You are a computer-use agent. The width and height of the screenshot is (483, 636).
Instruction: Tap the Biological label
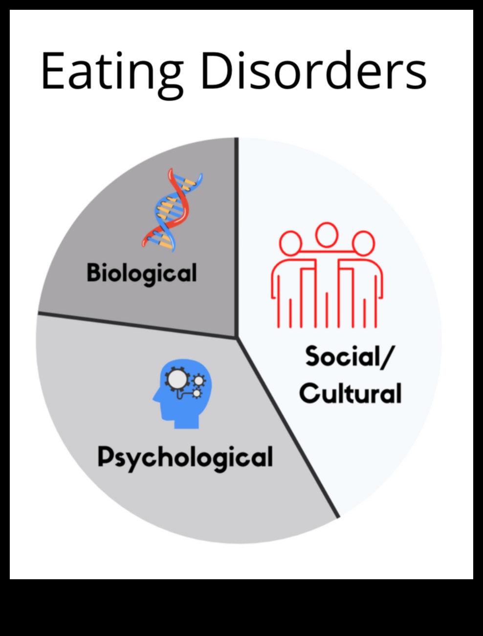(x=142, y=273)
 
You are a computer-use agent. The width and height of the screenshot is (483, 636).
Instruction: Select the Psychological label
(x=185, y=458)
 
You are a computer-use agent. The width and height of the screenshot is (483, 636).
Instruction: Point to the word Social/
(x=348, y=356)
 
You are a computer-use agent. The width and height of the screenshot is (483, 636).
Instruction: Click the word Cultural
(x=351, y=393)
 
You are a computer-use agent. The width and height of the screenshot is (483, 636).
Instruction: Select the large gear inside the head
(x=176, y=379)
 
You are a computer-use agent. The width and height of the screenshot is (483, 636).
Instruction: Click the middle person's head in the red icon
(x=327, y=234)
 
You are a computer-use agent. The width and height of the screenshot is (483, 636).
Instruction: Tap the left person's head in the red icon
(x=290, y=243)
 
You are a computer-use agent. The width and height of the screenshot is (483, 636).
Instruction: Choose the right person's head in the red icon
(x=363, y=243)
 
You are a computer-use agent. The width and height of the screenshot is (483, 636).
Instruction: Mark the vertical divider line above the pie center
(x=237, y=235)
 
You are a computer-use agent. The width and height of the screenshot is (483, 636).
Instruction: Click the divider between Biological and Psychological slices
(x=137, y=325)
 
